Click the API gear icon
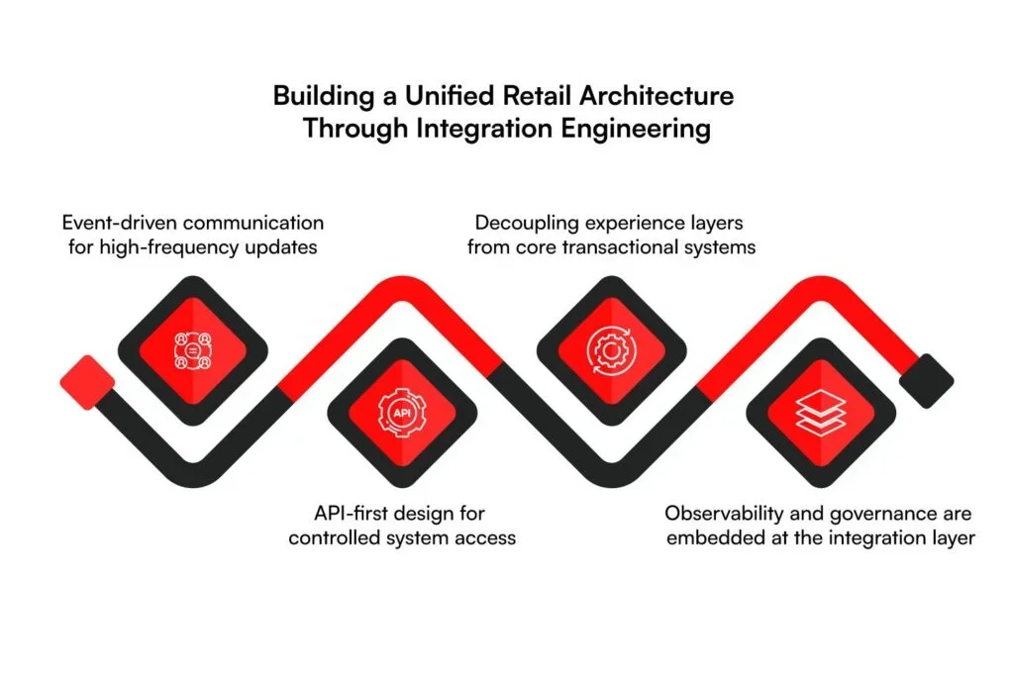tap(402, 413)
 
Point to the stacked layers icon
tap(821, 413)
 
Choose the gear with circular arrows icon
tap(612, 351)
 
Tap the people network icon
tap(193, 351)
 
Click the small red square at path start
tap(87, 382)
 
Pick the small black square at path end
tap(927, 381)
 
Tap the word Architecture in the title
tap(657, 96)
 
